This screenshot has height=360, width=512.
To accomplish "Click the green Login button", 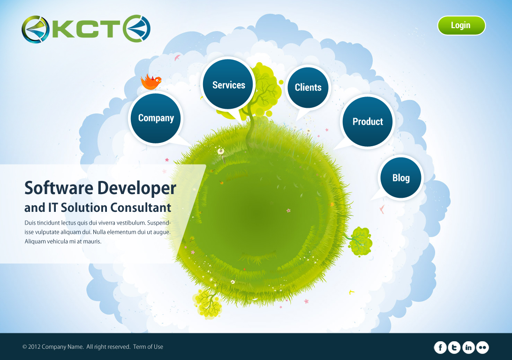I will pyautogui.click(x=461, y=25).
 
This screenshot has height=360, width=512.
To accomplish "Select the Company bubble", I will pyautogui.click(x=156, y=118).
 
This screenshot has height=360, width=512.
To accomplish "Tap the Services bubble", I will pyautogui.click(x=228, y=85).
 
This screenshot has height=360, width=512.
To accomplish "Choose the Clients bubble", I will pyautogui.click(x=308, y=87).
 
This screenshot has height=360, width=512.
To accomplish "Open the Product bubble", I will pyautogui.click(x=368, y=121).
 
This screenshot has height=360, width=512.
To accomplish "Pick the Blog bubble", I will pyautogui.click(x=401, y=178).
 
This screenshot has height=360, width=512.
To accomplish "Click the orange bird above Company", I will pyautogui.click(x=151, y=82).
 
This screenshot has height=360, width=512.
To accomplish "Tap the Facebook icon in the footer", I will pyautogui.click(x=440, y=347).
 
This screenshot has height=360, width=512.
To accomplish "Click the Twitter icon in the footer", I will pyautogui.click(x=454, y=347).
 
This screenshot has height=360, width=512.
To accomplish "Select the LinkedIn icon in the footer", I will pyautogui.click(x=468, y=347).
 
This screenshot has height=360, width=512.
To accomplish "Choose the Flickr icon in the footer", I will pyautogui.click(x=482, y=347).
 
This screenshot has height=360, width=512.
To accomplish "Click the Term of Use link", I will pyautogui.click(x=148, y=347).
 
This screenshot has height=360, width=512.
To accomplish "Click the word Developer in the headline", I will pyautogui.click(x=136, y=188).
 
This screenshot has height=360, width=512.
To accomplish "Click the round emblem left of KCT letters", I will pyautogui.click(x=35, y=30).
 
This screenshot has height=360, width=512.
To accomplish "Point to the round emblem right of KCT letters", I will pyautogui.click(x=137, y=28).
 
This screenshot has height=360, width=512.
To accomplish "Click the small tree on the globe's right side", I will pyautogui.click(x=360, y=241).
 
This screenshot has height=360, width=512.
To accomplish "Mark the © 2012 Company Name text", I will pyautogui.click(x=53, y=347).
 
